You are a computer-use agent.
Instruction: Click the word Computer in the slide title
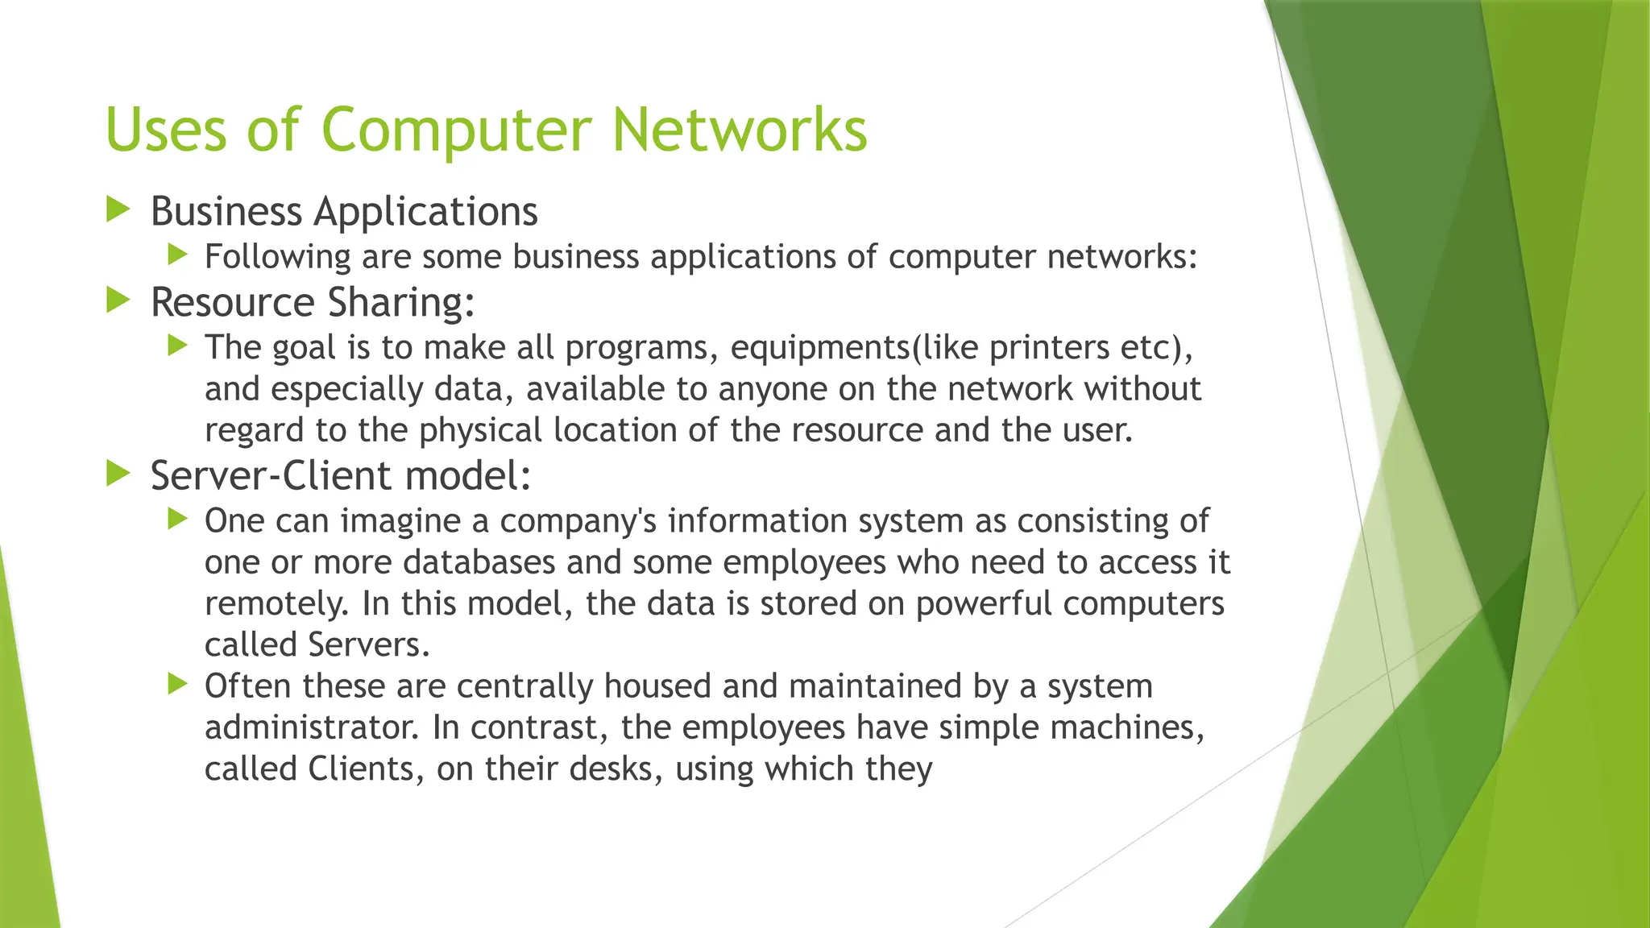click(456, 130)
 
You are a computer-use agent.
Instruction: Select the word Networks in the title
click(739, 130)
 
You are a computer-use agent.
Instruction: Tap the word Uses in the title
click(167, 130)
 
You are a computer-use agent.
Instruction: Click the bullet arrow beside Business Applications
click(118, 210)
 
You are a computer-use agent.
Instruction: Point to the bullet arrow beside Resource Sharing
click(118, 301)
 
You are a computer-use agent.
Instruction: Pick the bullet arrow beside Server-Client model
click(118, 474)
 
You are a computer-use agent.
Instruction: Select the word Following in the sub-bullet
click(277, 258)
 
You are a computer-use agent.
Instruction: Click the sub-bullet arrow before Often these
click(177, 685)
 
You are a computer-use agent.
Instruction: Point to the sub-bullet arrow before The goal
click(177, 346)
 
